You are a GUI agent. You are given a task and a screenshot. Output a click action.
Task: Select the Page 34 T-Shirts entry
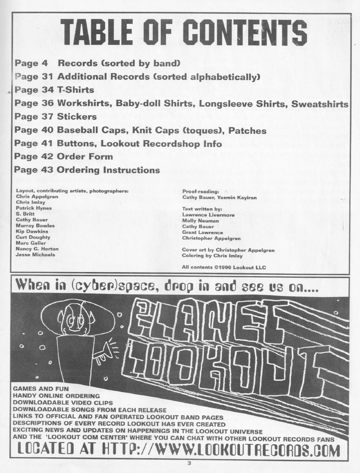(x=54, y=90)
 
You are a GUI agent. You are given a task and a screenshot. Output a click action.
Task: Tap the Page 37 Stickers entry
(x=56, y=117)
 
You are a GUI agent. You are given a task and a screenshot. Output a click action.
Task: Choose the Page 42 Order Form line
(x=63, y=156)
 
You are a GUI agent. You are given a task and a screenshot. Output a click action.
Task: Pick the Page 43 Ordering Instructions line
(x=87, y=169)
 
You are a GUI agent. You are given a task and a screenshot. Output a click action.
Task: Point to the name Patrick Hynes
(x=34, y=208)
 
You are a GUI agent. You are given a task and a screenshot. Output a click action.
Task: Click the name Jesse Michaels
(x=35, y=255)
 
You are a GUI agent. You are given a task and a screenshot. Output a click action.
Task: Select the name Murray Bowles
(x=35, y=226)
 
